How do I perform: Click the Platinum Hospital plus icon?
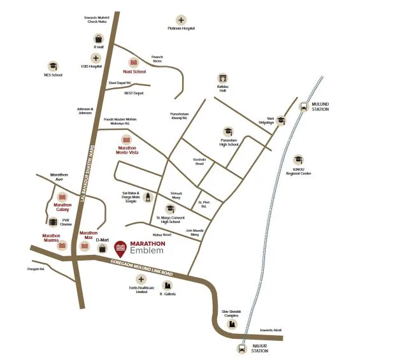coord(181,20)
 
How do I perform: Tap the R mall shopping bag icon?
coord(99,38)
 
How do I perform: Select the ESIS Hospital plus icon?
coord(96,57)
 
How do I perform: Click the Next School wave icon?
coord(134,62)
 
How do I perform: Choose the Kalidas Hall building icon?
coord(222,78)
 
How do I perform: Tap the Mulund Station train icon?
coord(302,107)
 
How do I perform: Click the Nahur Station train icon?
coord(241,348)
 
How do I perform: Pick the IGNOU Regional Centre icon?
coord(298,160)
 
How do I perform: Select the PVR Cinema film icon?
coord(53,222)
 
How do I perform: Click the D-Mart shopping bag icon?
coord(102,248)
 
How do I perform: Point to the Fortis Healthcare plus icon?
coord(141,279)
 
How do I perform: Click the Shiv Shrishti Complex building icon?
coord(230,324)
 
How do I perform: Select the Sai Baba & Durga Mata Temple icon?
coord(148,197)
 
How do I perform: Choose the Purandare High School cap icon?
coord(228,130)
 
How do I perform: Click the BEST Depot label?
coord(134,93)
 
